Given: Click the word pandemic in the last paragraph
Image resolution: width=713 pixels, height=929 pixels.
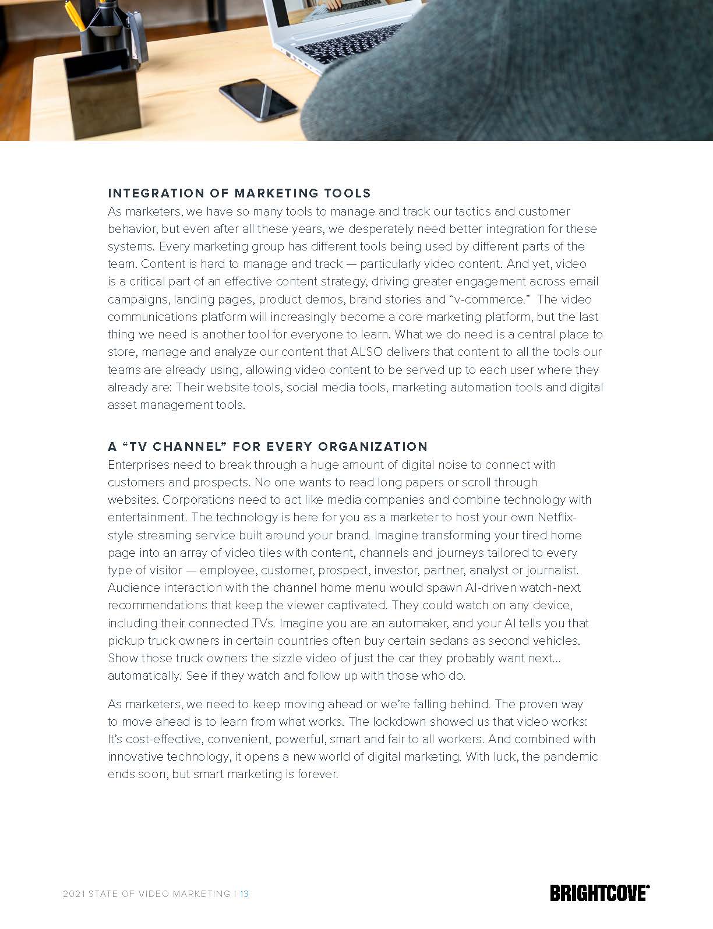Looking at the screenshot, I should (x=571, y=757).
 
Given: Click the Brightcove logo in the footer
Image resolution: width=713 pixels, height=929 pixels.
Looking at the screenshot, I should (x=600, y=893).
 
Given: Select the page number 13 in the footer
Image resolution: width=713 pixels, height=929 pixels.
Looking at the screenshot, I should (x=244, y=893).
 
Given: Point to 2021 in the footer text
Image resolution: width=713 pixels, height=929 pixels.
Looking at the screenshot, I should (x=74, y=893).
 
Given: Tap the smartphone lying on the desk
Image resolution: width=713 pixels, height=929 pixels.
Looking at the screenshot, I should (x=259, y=101).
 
